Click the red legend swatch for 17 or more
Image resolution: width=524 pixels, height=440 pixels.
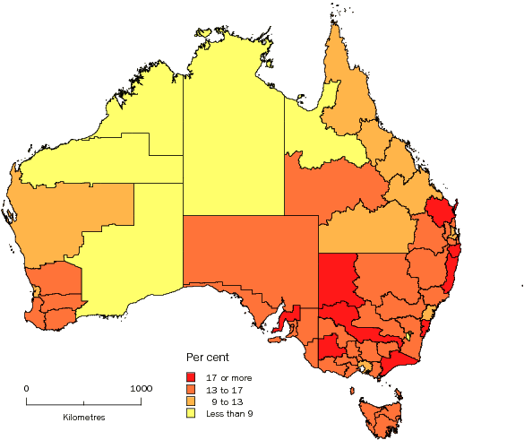(191, 376)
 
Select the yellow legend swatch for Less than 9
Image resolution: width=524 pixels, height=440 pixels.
(191, 413)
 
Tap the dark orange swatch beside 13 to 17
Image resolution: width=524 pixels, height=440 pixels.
(191, 389)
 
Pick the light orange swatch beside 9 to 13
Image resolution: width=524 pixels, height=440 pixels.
(191, 401)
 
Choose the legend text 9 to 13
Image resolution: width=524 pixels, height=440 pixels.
(225, 401)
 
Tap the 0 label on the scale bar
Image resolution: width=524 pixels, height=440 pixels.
(27, 389)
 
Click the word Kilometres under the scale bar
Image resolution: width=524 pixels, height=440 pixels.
(84, 418)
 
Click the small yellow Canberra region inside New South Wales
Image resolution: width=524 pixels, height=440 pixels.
(409, 336)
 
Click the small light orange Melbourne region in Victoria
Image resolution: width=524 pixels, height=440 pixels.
(364, 367)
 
